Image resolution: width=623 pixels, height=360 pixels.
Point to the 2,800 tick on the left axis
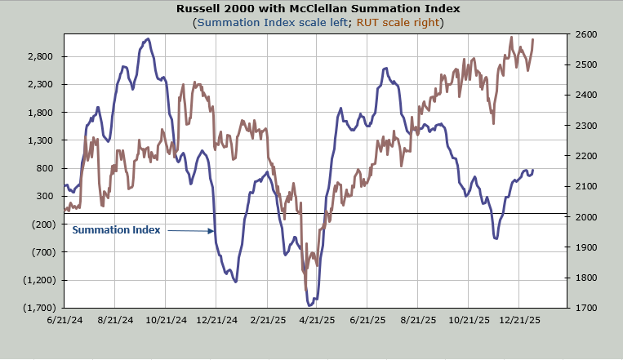tap(40, 56)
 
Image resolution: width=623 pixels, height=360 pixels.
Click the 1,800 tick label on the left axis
tap(40, 113)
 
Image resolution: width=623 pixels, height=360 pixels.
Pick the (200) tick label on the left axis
tap(41, 224)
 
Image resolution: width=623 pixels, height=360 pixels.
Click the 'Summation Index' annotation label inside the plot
tap(116, 230)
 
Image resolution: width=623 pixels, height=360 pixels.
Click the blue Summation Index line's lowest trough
tap(310, 304)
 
